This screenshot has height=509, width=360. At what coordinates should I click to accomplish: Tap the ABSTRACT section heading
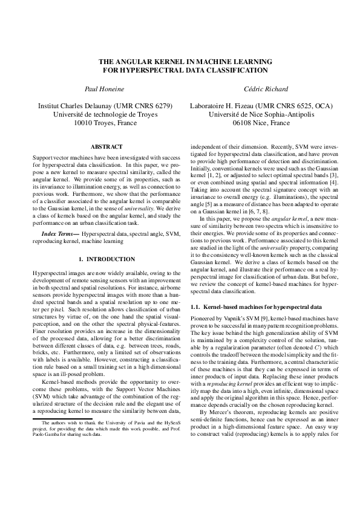[106, 147]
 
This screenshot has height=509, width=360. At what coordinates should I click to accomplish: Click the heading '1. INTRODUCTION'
[106, 259]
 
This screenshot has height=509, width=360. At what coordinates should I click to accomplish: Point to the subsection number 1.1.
[195, 308]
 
